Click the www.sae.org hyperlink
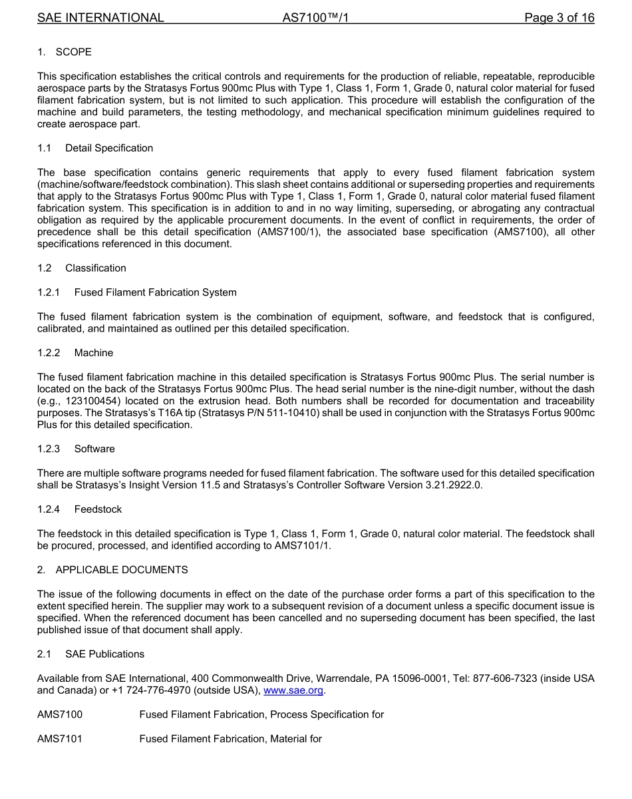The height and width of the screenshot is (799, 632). pyautogui.click(x=293, y=691)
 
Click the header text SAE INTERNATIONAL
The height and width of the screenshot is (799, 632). pyautogui.click(x=100, y=18)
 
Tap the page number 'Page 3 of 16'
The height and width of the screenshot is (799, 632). pyautogui.click(x=559, y=18)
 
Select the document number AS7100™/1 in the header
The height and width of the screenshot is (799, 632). pyautogui.click(x=315, y=18)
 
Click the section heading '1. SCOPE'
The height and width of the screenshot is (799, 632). pyautogui.click(x=65, y=52)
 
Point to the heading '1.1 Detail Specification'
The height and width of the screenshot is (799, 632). pyautogui.click(x=95, y=148)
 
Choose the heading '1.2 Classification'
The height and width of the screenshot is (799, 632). pyautogui.click(x=82, y=268)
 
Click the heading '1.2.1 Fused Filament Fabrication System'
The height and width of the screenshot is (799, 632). pyautogui.click(x=136, y=292)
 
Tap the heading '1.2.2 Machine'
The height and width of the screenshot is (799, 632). pyautogui.click(x=75, y=353)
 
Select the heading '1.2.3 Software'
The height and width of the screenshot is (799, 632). pyautogui.click(x=76, y=449)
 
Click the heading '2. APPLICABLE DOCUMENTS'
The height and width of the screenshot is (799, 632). pyautogui.click(x=112, y=570)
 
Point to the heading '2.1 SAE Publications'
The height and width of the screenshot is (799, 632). pyautogui.click(x=90, y=655)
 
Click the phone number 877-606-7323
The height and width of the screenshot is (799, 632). pyautogui.click(x=509, y=678)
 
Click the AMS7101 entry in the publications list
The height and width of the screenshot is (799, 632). pyautogui.click(x=60, y=739)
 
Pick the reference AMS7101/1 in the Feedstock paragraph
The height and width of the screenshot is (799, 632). pyautogui.click(x=302, y=545)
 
